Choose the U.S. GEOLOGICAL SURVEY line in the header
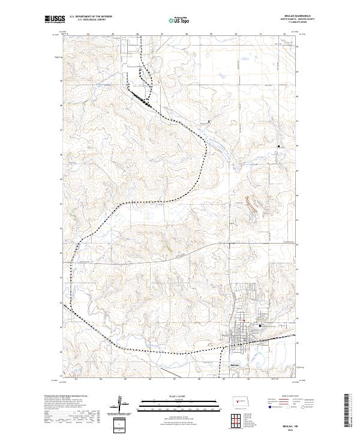coord(91,20)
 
